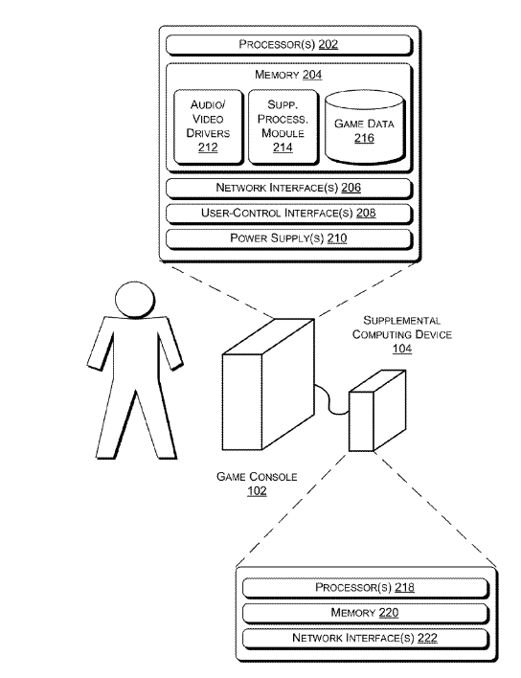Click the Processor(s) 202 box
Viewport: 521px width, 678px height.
coord(289,45)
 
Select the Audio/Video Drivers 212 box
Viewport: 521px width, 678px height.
coord(209,126)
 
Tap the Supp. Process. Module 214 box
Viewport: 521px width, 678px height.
coord(283,126)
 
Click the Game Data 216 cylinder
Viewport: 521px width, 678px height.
coord(365,127)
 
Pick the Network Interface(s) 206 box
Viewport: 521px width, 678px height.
coord(289,188)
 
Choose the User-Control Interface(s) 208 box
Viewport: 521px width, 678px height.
coord(289,214)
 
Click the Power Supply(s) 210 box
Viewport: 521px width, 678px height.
coord(289,239)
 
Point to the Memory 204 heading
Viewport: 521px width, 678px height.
coord(288,75)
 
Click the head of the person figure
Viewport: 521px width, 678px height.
coord(135,300)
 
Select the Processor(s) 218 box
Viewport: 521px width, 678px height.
coord(365,588)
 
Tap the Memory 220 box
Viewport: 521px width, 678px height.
coord(365,613)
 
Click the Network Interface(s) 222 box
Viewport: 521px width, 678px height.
coord(365,639)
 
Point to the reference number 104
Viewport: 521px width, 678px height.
coord(402,349)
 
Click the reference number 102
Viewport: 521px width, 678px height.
coord(257,491)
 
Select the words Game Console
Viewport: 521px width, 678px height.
coord(257,477)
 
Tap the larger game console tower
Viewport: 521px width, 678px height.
coord(268,384)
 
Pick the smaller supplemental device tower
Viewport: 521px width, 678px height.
coord(377,411)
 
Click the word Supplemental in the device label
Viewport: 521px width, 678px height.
coord(402,321)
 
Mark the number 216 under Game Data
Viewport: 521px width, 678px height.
coord(364,138)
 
